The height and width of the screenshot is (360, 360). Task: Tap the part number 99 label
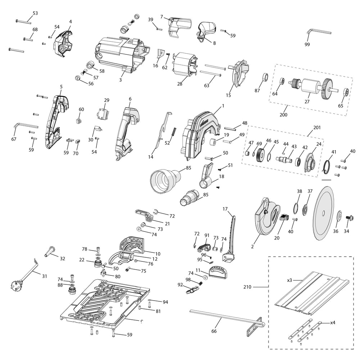(x=307, y=44)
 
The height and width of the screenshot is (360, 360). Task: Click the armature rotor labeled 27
(x=309, y=87)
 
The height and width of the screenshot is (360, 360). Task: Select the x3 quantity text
(x=290, y=280)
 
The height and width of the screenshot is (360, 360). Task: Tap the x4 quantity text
(x=333, y=323)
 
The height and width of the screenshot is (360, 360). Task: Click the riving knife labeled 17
(x=230, y=234)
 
